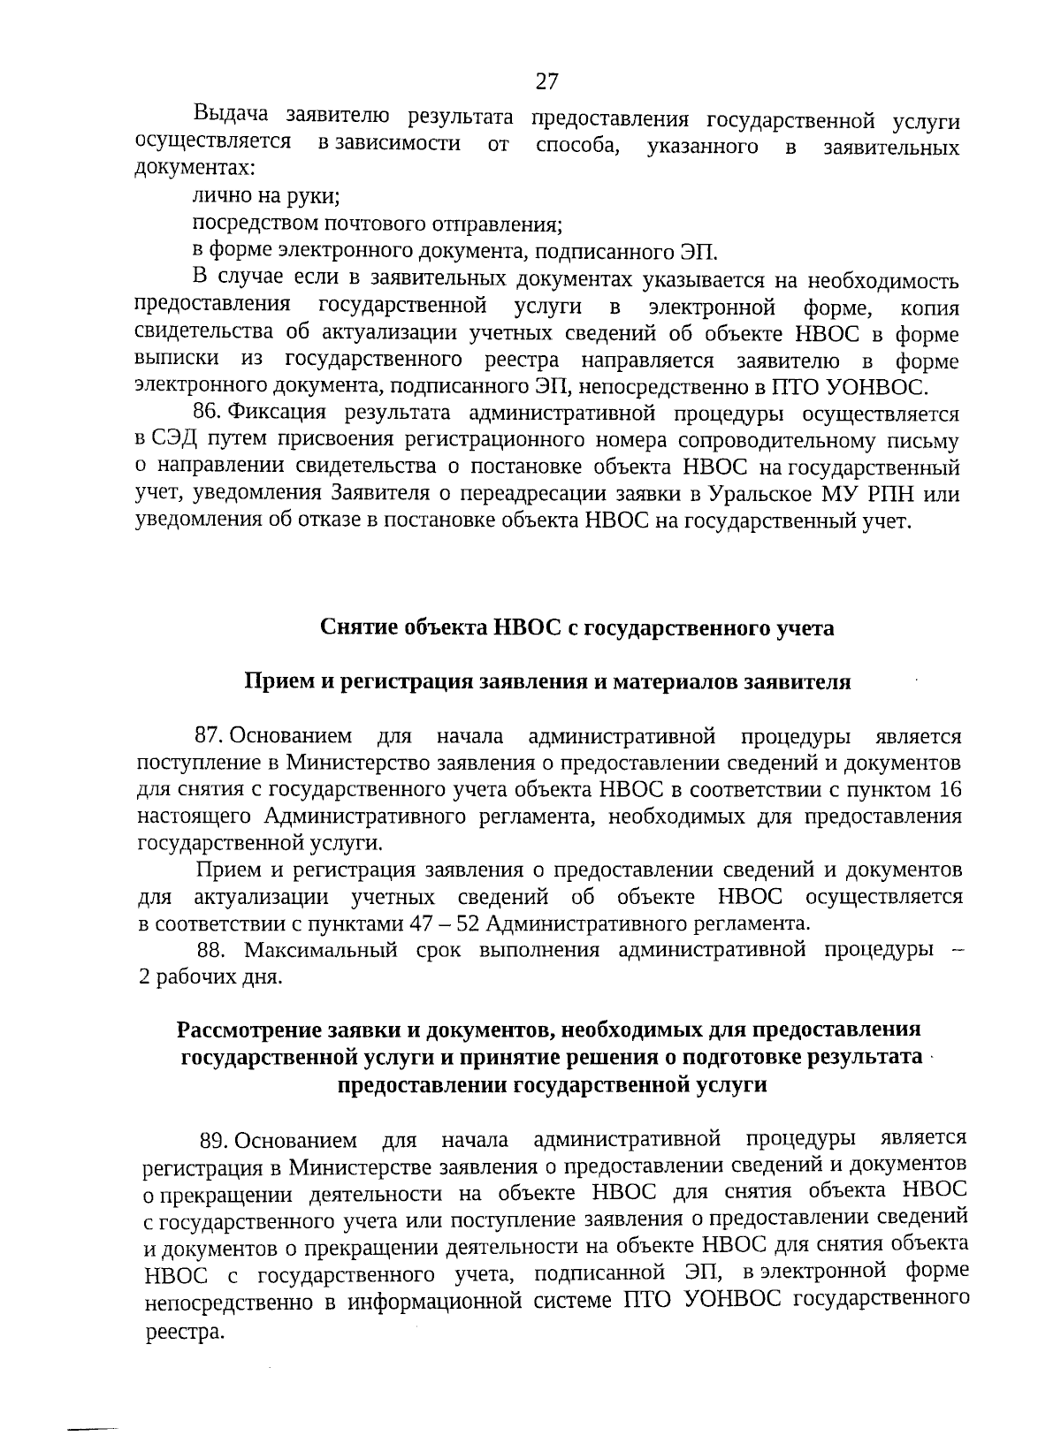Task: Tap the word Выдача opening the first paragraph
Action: tap(233, 116)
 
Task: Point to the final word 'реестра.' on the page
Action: tap(180, 1333)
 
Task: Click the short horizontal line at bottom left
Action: tap(94, 1402)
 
